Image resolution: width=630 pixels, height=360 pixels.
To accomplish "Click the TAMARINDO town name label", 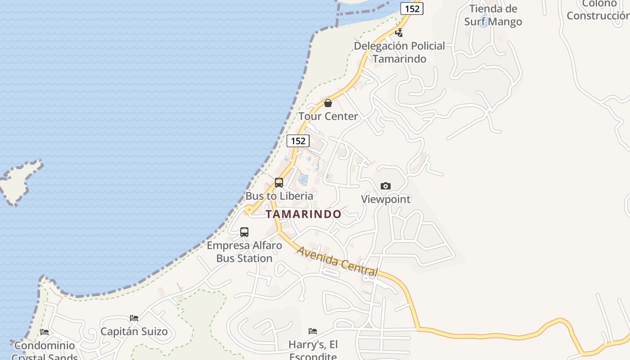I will point(303,214).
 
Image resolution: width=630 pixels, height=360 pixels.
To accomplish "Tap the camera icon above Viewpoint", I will point(385,186).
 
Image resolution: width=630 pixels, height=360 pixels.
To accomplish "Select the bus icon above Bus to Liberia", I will point(279,183).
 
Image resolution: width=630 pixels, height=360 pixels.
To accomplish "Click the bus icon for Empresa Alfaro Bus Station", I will point(244,232).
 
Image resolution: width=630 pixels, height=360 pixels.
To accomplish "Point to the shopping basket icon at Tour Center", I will point(328,103).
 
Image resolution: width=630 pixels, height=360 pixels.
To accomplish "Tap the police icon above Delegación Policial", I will point(399,32).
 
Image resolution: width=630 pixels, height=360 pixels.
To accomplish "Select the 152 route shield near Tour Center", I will point(298,141).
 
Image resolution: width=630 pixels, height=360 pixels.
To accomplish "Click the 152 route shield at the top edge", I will point(412,9).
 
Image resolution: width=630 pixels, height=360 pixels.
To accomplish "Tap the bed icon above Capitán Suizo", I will point(134,318).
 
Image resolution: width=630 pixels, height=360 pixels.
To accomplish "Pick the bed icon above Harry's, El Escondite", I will point(313,331).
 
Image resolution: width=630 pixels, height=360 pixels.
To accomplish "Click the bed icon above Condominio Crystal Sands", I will point(44,332).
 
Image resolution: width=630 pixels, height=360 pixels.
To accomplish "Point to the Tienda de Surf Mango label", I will point(493,15).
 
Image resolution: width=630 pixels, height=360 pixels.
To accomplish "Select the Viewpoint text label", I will point(386,199).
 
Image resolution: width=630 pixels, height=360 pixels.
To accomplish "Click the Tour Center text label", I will point(328,116).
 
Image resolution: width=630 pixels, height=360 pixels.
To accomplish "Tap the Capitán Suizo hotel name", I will point(134,332).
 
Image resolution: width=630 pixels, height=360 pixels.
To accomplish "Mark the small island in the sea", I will point(20,181).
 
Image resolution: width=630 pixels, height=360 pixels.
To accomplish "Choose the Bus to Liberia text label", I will point(279,196).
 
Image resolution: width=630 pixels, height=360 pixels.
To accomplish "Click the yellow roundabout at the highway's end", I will point(249,210).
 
